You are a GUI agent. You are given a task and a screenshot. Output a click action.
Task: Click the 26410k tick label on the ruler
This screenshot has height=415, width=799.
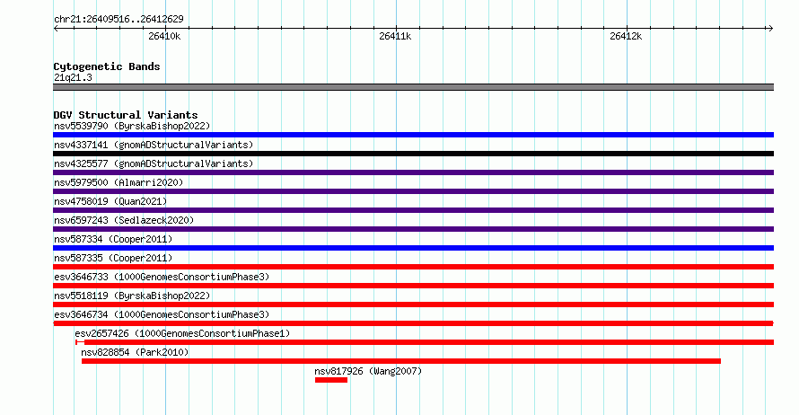coord(164,37)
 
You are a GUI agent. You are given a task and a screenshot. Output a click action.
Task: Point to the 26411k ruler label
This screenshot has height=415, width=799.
coord(395,37)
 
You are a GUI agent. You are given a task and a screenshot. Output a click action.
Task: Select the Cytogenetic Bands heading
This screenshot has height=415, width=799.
coord(107,66)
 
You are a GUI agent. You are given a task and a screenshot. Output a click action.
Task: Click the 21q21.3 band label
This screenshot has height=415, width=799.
coord(73,77)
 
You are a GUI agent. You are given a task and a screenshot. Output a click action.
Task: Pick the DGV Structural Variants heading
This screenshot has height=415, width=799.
coord(125,115)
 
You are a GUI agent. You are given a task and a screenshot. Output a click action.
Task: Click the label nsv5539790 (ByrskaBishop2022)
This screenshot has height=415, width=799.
coord(132,126)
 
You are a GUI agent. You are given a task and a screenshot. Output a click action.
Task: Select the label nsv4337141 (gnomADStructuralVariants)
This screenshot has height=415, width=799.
coord(154,145)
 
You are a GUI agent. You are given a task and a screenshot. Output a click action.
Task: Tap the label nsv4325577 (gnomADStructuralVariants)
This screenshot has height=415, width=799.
coord(154,163)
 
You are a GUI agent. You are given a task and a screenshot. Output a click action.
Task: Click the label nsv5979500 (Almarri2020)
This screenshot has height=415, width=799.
coord(119,182)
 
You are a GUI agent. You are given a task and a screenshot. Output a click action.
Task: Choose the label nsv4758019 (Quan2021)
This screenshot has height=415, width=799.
coord(110,201)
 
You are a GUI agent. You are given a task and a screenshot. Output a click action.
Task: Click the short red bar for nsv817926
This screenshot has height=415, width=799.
coord(330,380)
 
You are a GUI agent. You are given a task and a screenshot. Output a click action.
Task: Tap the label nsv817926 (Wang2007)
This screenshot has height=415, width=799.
coord(368,371)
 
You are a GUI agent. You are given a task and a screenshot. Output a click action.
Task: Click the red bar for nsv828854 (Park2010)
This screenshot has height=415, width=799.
coord(400,361)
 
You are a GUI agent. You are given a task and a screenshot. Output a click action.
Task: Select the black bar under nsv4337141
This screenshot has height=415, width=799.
coord(413,154)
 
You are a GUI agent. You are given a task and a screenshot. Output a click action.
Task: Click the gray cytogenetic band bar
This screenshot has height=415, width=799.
coord(413,87)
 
